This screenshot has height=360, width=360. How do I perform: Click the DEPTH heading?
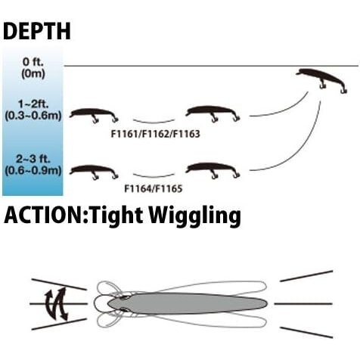[x=37, y=31]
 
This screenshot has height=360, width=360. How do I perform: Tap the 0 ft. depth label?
[x=33, y=62]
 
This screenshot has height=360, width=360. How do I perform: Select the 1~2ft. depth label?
[x=33, y=104]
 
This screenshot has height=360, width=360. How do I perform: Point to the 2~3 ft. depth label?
[x=33, y=159]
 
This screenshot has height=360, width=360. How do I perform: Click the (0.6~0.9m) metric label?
[x=33, y=171]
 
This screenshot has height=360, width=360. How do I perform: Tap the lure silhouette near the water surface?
[x=321, y=80]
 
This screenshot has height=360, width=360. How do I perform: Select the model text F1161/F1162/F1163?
[x=156, y=134]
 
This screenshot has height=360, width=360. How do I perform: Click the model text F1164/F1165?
[x=154, y=188]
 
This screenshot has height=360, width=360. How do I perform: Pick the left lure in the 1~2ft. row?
[x=94, y=114]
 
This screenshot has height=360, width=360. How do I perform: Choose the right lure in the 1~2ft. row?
[x=213, y=113]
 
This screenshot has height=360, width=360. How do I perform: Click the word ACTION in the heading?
[x=44, y=216]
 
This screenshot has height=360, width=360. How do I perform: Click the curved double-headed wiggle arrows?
[x=57, y=304]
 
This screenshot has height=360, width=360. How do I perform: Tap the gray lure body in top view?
[x=188, y=303]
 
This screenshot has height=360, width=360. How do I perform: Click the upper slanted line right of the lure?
[x=306, y=276]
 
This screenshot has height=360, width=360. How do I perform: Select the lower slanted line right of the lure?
[x=306, y=332]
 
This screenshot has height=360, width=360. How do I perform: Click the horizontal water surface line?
[x=211, y=66]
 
